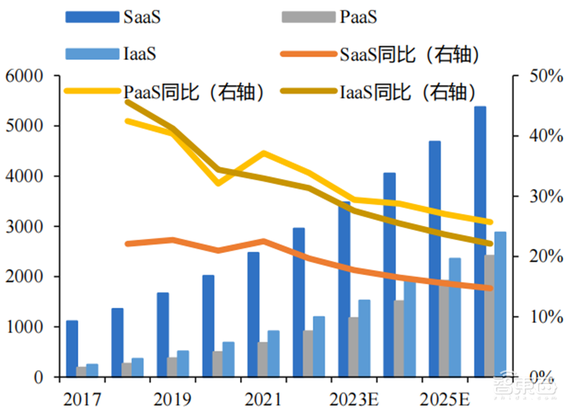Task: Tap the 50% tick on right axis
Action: click(x=539, y=76)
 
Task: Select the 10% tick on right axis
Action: click(x=539, y=316)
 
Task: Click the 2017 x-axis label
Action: click(x=82, y=396)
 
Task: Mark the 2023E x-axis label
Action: click(x=354, y=396)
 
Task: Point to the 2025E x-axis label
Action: click(x=445, y=396)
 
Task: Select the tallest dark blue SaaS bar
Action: click(x=480, y=242)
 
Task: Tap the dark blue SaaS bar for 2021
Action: click(x=254, y=314)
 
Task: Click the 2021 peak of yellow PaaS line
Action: click(x=264, y=153)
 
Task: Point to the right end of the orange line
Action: click(x=490, y=288)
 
